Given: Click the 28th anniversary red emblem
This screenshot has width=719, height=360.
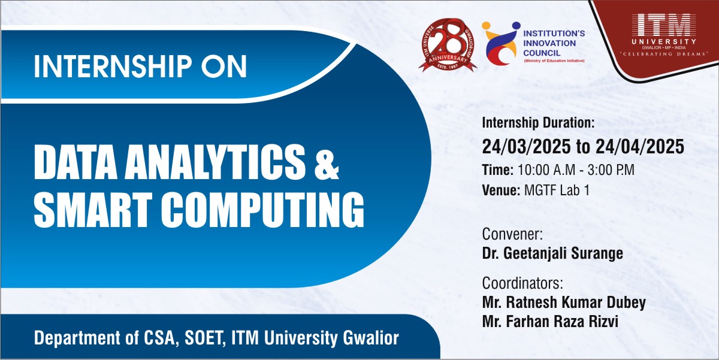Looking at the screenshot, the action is click(448, 44).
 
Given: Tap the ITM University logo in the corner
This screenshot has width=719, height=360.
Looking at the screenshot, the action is click(664, 35).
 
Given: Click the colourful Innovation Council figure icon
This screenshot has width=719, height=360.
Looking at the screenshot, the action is click(501, 43).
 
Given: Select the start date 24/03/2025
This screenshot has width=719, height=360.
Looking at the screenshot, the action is click(527, 147).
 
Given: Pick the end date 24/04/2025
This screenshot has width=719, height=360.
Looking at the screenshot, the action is click(640, 147).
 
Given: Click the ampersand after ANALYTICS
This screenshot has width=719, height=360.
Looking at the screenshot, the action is click(327, 165).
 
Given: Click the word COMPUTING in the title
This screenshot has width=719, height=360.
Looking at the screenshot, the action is click(262, 210).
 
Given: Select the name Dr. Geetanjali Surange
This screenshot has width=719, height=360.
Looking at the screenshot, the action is click(552, 253).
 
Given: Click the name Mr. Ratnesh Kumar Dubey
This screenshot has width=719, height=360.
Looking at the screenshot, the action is click(564, 302).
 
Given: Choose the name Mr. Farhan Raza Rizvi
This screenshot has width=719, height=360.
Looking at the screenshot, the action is click(550, 322).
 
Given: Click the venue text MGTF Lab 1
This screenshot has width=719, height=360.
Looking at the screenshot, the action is click(557, 190).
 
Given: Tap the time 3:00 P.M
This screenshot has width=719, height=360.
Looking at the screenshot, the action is click(611, 170).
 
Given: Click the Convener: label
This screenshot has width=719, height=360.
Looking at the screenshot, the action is click(512, 234).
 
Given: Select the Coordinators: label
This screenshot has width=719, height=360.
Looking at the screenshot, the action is click(522, 283).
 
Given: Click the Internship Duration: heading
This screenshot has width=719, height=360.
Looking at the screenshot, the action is click(538, 123).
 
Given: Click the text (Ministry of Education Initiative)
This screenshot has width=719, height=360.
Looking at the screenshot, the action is click(554, 61).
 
